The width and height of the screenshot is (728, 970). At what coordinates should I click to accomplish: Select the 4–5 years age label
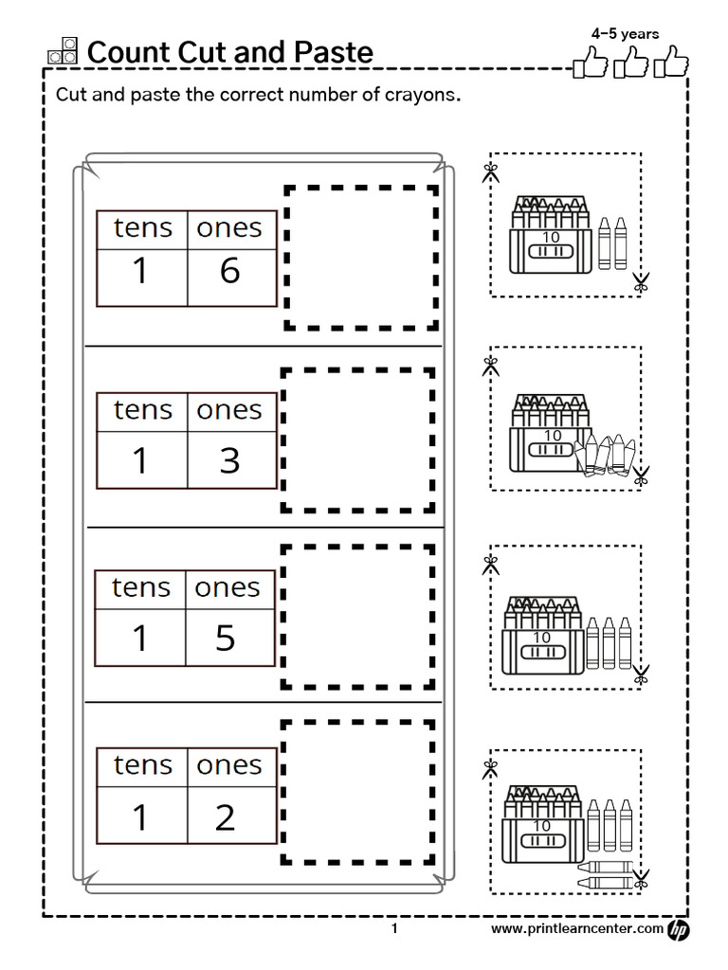(625, 33)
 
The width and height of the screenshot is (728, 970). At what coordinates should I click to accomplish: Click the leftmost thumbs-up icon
(589, 65)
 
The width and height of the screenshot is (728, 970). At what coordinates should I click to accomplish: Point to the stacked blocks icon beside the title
(63, 51)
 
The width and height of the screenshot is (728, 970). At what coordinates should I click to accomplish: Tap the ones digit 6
(229, 272)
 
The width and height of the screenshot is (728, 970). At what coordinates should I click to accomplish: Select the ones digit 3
(229, 460)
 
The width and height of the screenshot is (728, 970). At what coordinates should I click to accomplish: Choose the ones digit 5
(226, 638)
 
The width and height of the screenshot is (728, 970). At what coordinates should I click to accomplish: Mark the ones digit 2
(225, 817)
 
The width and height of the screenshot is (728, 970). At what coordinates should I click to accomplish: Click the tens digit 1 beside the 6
(140, 272)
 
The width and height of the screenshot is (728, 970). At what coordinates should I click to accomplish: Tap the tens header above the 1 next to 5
(141, 587)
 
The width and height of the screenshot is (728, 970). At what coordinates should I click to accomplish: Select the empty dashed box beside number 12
(358, 792)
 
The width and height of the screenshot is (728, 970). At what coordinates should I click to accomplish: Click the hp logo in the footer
(679, 930)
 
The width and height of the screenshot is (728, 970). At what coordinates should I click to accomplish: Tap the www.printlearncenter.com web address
(576, 929)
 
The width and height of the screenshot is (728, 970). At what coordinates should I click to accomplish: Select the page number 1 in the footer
(394, 930)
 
